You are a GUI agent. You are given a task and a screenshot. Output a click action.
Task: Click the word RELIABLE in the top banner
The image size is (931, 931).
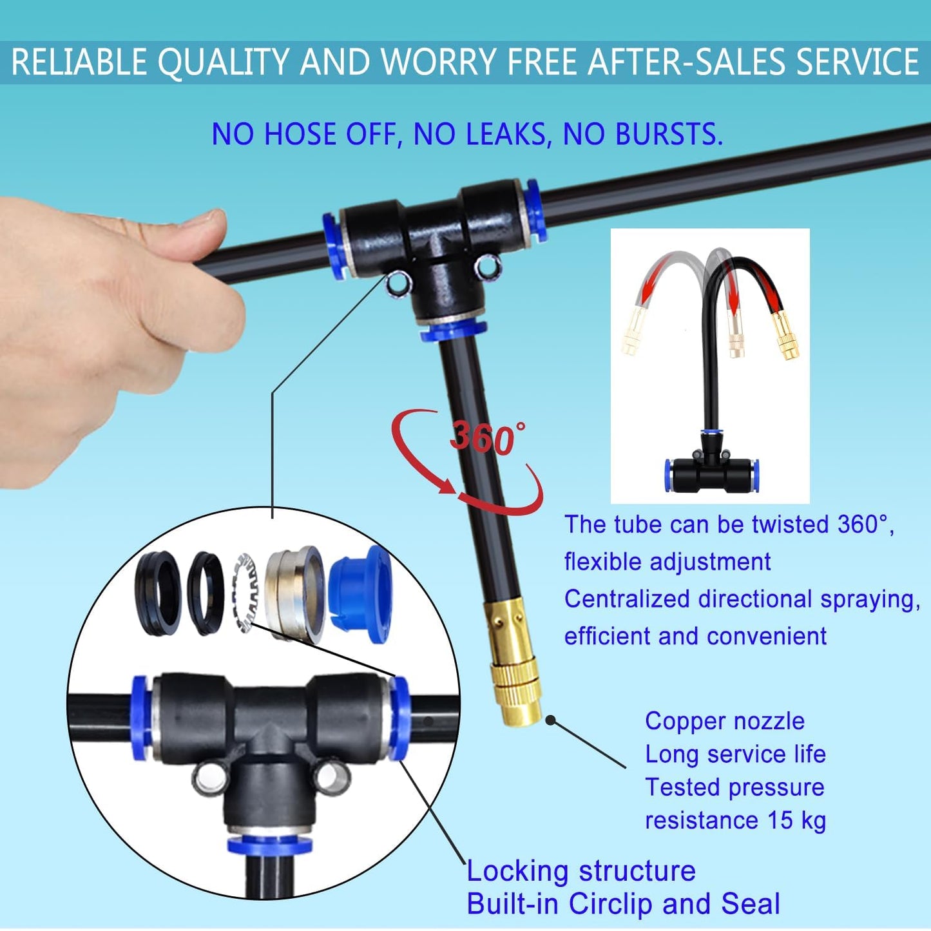(x=79, y=62)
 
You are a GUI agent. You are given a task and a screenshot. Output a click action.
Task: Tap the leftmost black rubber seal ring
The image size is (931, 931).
(x=158, y=593)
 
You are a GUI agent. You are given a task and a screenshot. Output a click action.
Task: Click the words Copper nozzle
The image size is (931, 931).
(x=725, y=721)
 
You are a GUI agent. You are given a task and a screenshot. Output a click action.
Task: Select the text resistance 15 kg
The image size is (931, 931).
(x=735, y=820)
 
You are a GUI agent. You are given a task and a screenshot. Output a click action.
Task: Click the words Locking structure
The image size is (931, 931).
(x=581, y=871)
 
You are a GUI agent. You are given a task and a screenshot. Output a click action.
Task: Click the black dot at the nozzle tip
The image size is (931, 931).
(x=550, y=720)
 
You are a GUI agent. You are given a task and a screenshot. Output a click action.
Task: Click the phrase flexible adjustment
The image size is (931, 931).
(x=667, y=562)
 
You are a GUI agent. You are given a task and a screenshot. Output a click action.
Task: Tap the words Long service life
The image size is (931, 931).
(x=735, y=754)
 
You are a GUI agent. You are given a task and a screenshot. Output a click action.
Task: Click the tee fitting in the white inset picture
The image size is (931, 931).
(x=711, y=470)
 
